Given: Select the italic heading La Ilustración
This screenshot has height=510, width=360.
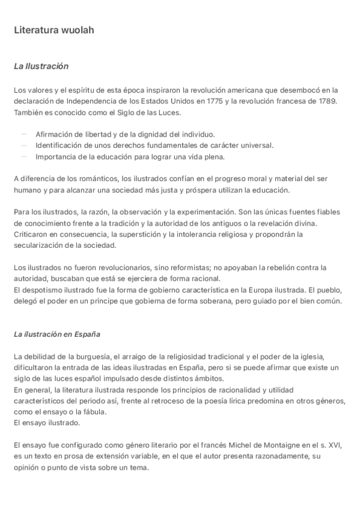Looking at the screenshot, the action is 41,66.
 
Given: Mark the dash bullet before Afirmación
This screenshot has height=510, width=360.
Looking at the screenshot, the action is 24,134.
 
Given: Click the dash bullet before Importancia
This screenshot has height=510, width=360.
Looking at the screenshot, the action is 24,156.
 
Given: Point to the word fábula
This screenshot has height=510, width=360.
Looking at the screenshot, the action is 93,411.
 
